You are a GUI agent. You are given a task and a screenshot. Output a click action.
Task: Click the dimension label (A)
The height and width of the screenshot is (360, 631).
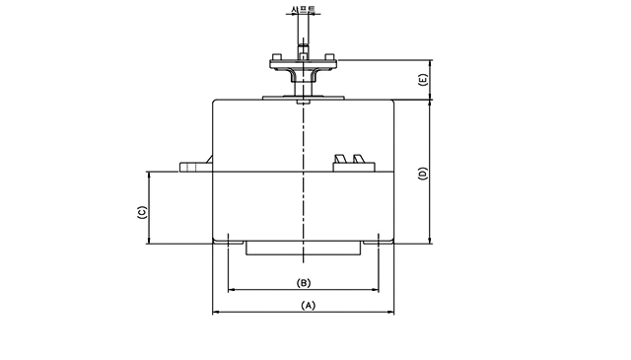coord(309,306)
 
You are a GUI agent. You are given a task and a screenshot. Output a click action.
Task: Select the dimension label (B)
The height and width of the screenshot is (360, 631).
coord(304,283)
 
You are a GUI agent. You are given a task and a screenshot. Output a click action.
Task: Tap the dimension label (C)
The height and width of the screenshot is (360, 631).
coord(142,212)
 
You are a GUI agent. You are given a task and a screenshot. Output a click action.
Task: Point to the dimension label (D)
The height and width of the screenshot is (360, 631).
coord(423,174)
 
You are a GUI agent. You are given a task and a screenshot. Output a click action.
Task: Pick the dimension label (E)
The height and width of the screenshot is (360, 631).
coord(423,79)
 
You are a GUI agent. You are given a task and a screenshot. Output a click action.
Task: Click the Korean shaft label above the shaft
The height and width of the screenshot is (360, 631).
coord(304,9)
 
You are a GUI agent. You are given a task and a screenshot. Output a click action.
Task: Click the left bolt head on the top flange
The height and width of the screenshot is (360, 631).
coord(277,56)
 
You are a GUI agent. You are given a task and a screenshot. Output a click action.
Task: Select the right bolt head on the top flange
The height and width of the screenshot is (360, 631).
coord(329,56)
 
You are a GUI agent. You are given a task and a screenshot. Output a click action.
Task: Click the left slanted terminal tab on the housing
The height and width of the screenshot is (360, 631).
coord(340,159)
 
